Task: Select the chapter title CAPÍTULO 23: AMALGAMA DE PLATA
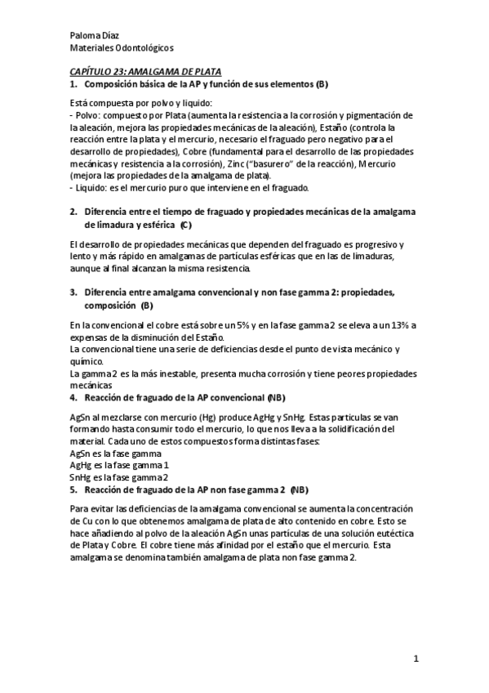coord(145,72)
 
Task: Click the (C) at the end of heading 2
coord(187,223)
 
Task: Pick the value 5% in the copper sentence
coord(251,326)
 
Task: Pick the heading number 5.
coord(73,490)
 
